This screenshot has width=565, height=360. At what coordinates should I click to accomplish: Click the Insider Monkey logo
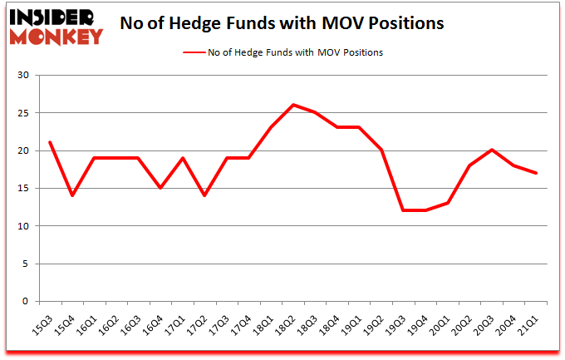tap(56, 25)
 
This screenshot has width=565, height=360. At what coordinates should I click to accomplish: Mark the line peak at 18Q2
tap(293, 105)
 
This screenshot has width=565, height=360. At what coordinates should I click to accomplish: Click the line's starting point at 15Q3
tap(51, 142)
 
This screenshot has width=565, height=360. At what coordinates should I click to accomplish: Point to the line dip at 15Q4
tap(72, 195)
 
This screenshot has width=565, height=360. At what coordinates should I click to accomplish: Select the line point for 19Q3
tap(403, 210)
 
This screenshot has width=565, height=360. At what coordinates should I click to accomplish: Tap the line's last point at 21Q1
tap(536, 173)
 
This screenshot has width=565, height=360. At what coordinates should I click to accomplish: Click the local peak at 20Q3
tap(492, 150)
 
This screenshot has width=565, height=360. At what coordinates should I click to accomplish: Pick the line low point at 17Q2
tap(204, 195)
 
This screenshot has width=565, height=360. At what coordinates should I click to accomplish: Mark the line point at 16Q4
tap(160, 188)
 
